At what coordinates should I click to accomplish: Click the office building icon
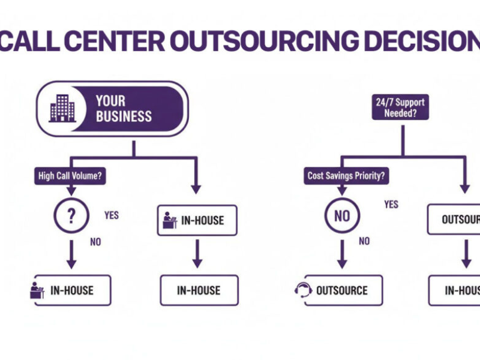point(62,109)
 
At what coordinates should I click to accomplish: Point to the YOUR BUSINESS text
point(124,109)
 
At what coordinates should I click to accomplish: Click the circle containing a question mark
point(71,215)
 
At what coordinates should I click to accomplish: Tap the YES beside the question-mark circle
point(112,215)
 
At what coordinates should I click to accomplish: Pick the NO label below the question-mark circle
point(95,242)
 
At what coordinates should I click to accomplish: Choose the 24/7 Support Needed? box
point(400,107)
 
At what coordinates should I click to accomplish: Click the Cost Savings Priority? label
point(346,176)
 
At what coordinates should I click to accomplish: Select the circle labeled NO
point(342,215)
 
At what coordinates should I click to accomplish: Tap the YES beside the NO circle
point(391,205)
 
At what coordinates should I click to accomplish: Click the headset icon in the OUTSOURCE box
point(303,290)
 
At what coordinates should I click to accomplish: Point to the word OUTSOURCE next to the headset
point(341,290)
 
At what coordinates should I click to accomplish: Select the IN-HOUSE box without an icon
point(199,290)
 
